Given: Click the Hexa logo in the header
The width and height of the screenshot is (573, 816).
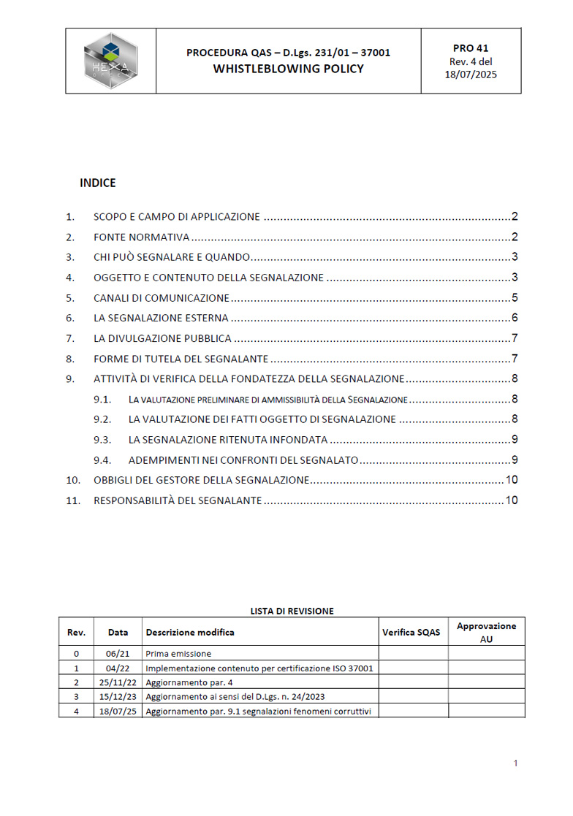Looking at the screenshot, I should coord(110,61).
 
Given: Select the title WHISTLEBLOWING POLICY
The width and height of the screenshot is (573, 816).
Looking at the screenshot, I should coord(288,69).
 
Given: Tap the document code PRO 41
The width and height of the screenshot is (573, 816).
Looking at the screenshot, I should coord(471,48).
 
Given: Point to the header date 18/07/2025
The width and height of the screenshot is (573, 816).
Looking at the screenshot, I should coord(471,75).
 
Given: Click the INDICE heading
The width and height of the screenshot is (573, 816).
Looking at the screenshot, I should coord(97,183).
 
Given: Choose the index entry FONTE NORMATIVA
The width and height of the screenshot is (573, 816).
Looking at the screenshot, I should coord(141,237).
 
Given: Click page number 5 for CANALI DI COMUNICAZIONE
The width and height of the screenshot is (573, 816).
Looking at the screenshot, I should coord(515,297).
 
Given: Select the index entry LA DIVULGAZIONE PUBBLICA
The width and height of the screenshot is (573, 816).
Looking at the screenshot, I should coord(162,338).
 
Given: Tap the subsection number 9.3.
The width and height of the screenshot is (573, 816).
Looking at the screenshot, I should coord(102,440).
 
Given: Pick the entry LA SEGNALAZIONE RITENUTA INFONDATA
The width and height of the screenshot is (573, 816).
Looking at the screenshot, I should coord(227,440).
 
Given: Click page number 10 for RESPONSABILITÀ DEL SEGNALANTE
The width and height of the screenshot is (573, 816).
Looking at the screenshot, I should coord(512,500).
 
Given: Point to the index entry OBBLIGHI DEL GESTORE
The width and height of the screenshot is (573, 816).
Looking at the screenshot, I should coord(201,480).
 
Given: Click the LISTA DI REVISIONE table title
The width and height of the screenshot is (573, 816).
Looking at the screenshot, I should coord(292,611).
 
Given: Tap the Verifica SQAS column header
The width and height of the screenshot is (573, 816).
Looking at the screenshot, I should coord(411,632).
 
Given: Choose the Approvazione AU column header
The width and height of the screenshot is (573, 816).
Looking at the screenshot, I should coord(486,632).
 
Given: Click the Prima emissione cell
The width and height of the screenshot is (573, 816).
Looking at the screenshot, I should coord(178,654).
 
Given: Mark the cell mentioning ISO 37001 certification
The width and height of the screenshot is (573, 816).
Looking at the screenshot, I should coord(259,668).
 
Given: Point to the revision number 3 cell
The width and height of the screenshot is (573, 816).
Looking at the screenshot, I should coord(77,697).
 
